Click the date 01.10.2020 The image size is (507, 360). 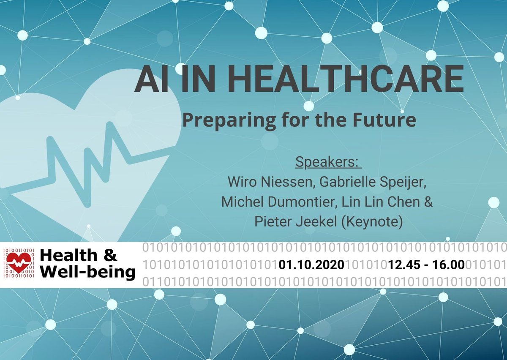pos(311,265)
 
